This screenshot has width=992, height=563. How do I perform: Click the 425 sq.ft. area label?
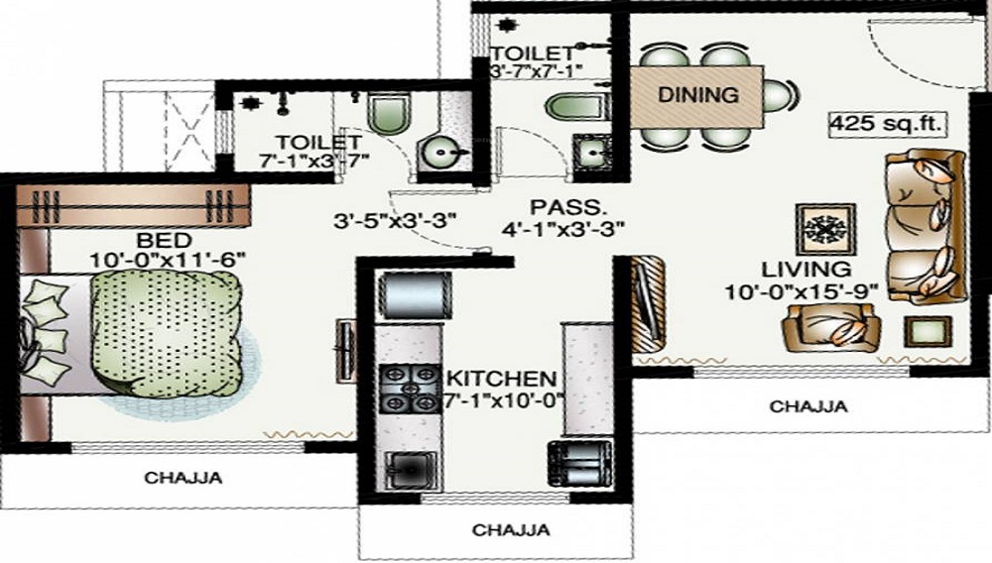coord(886,125)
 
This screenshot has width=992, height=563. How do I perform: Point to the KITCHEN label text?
coord(501,380)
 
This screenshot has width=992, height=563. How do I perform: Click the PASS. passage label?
coord(556,207)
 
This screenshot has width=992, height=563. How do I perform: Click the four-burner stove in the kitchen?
coord(411,389)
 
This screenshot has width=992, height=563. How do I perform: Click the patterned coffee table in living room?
coord(826,230)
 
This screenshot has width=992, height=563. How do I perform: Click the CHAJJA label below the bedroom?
coord(184,478)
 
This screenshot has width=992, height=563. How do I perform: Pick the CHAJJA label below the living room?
coord(808,405)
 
